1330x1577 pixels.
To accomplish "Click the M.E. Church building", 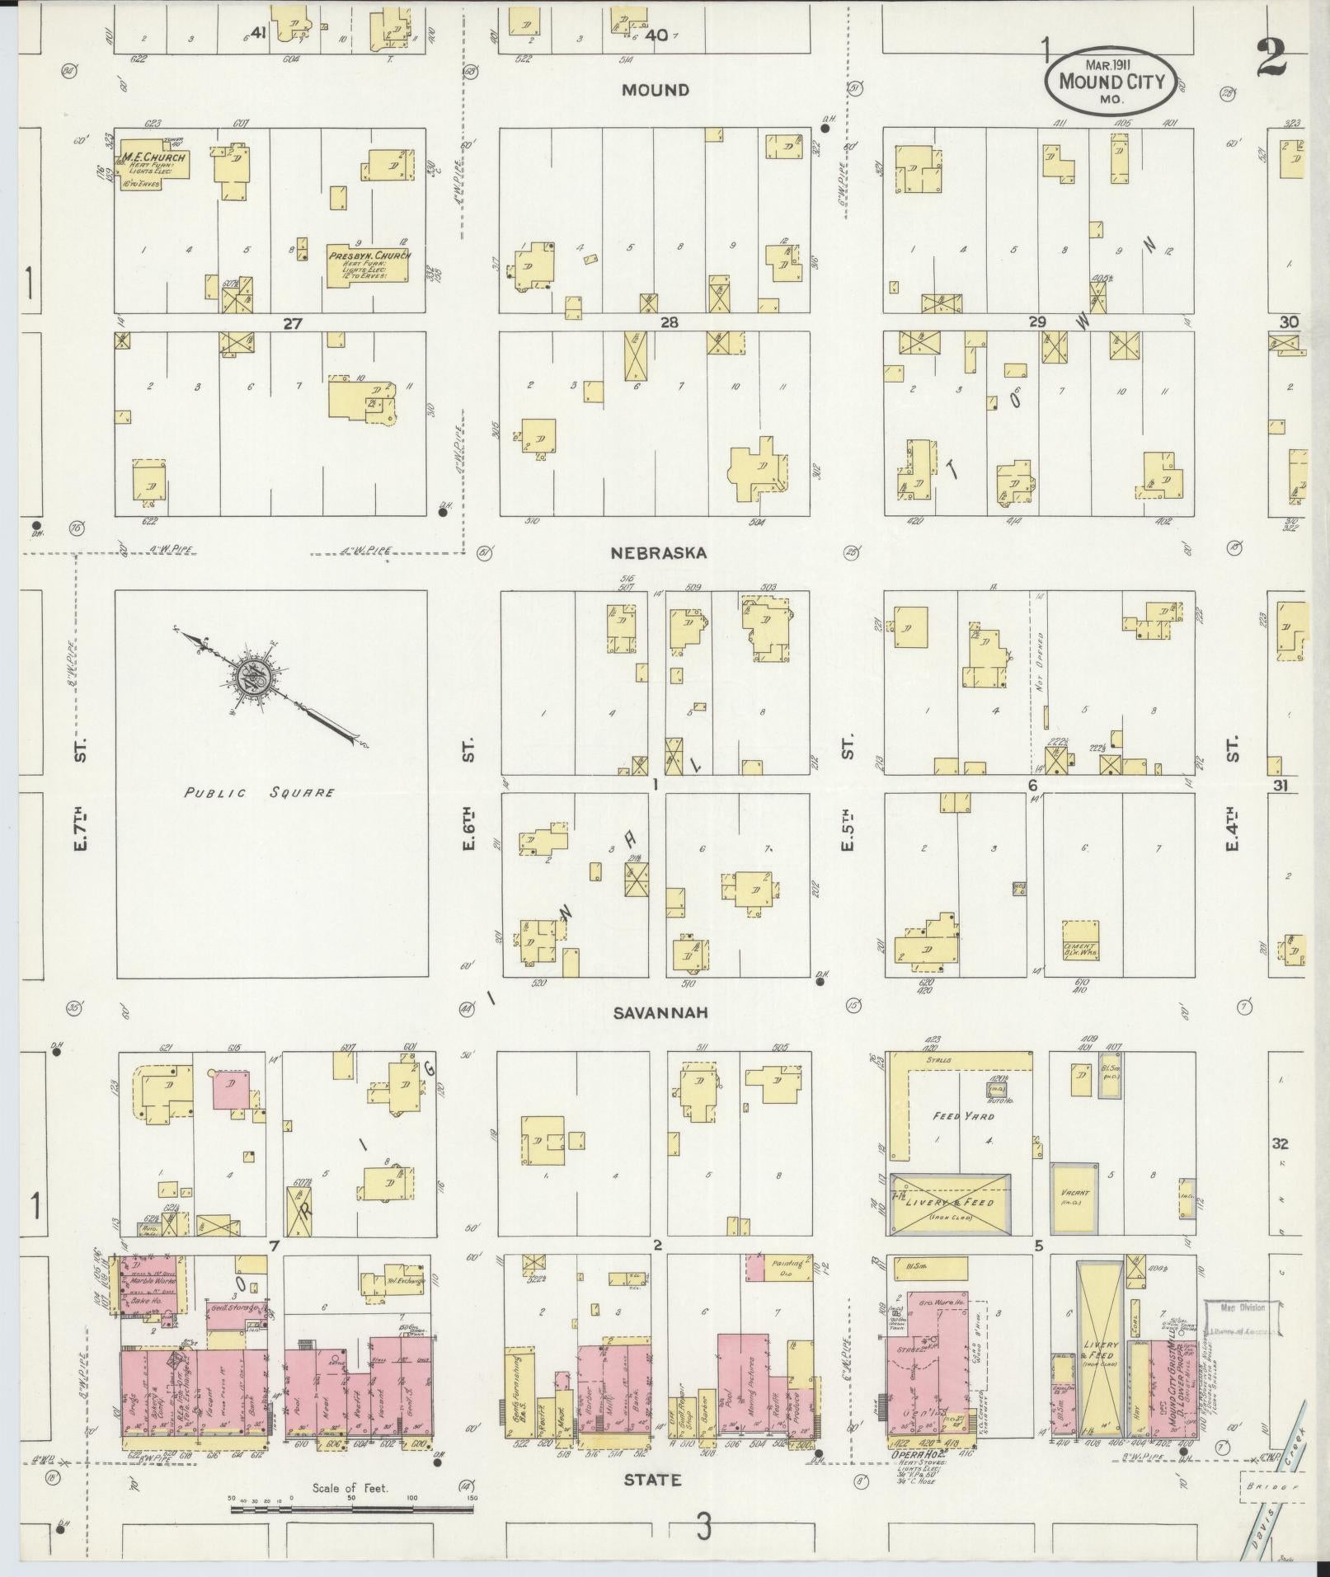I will tap(154, 164).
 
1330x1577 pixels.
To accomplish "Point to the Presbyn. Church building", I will tap(368, 265).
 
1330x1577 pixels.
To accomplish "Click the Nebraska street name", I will tap(657, 553).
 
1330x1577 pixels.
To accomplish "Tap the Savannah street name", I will tap(660, 1012).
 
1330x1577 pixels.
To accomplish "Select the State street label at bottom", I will tap(652, 1480).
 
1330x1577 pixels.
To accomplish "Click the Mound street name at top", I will tap(656, 90).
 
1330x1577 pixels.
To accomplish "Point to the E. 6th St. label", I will tap(468, 833).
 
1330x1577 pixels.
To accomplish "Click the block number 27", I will tap(292, 323).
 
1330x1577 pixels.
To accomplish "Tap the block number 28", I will tap(669, 323).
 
